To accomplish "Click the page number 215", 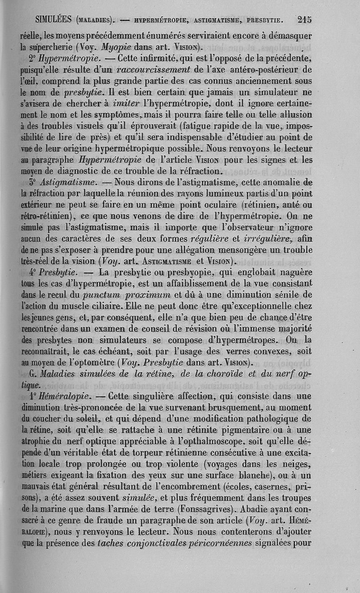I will click(304, 19).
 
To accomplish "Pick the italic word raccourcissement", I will click(154, 70).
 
